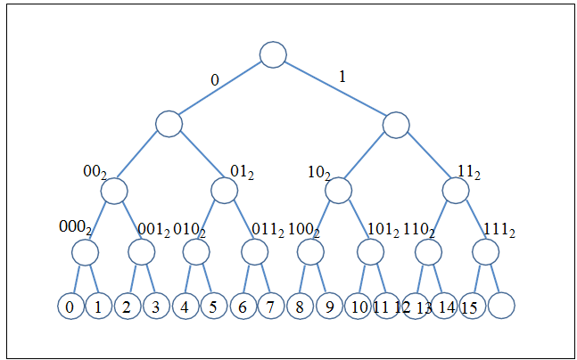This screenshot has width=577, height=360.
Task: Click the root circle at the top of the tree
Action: (273, 54)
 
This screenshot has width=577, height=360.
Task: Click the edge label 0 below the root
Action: (214, 80)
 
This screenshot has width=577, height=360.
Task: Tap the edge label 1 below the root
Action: (342, 78)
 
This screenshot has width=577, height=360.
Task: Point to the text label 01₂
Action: (243, 170)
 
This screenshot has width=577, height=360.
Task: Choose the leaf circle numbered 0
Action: (70, 306)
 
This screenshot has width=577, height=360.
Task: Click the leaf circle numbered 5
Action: (212, 306)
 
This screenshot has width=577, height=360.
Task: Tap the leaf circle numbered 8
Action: (300, 306)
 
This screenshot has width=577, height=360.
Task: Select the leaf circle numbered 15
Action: (473, 306)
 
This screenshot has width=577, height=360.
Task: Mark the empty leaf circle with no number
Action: (501, 306)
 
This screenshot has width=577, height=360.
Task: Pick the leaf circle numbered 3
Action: (155, 306)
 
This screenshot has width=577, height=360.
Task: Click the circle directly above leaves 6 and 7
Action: (255, 252)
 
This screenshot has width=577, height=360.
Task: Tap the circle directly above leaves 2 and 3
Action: (141, 252)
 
